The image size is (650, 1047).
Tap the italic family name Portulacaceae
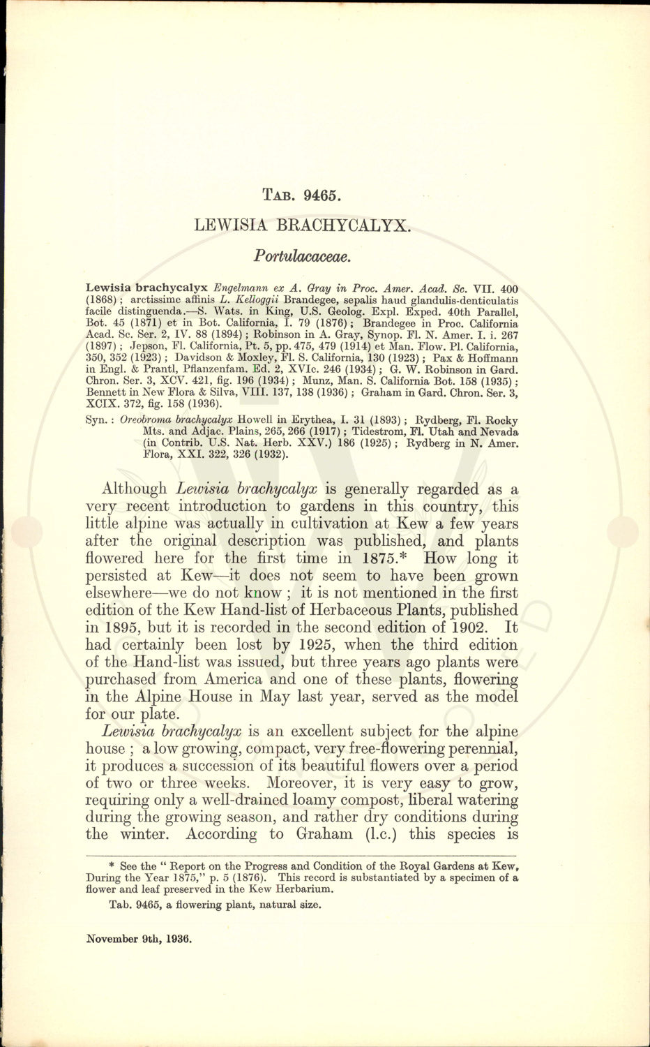(302, 255)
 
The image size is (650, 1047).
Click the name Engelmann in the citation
(239, 288)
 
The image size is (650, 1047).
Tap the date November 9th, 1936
(139, 939)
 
